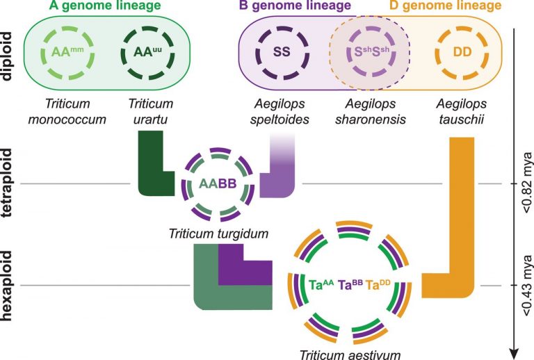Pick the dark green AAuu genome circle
[145, 51]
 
